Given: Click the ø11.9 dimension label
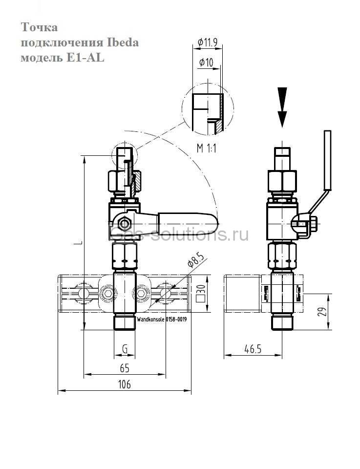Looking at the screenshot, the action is [207, 43].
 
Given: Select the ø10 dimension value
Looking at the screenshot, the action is [206, 63].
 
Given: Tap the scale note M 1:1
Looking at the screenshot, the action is [207, 148].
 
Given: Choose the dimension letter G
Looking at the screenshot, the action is [125, 348].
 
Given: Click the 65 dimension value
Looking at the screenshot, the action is [125, 368].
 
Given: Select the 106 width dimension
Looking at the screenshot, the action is [125, 384].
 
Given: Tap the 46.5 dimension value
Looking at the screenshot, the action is [253, 349].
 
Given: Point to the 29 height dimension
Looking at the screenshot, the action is [322, 312].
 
